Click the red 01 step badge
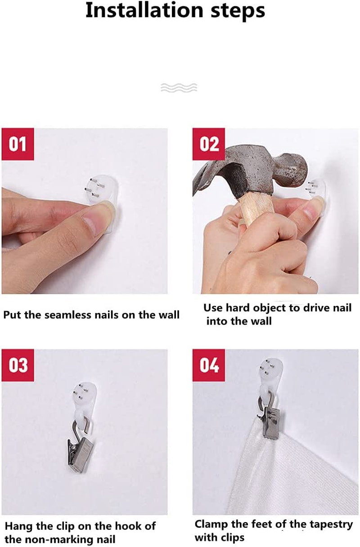coord(18,144)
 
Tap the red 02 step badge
coord(209,144)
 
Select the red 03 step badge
coord(18,365)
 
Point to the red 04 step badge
coord(209,365)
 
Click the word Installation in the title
coord(144,10)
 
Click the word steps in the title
coord(238,11)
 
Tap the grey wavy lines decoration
coord(179,88)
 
